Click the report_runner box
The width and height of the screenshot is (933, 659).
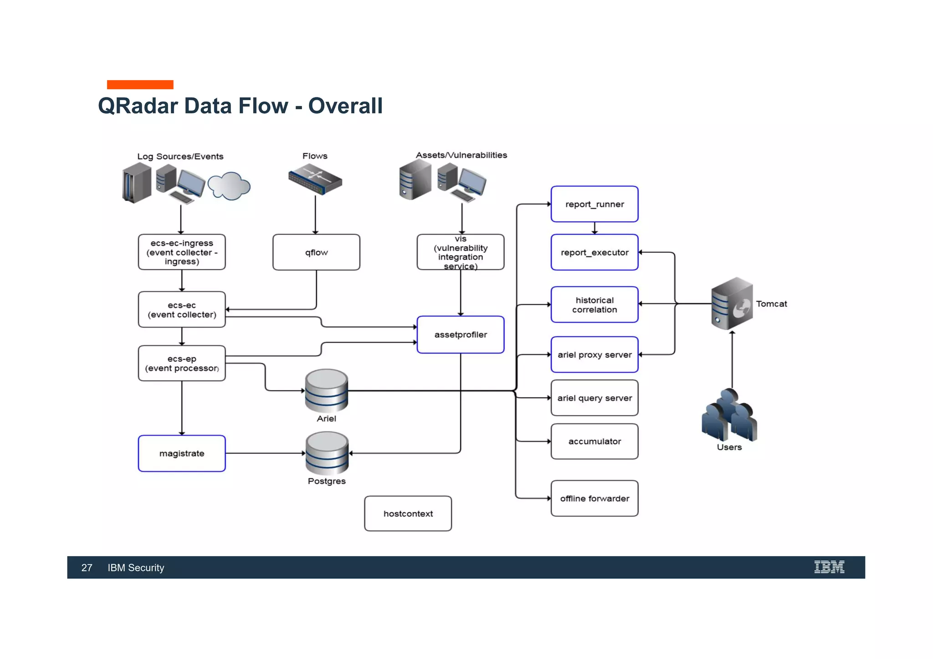pos(594,204)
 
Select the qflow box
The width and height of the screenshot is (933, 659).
pos(316,253)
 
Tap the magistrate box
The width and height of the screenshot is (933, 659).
pos(182,453)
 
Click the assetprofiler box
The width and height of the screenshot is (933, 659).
pos(460,335)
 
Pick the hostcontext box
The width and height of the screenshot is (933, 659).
pos(408,513)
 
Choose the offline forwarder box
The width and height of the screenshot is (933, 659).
pos(594,498)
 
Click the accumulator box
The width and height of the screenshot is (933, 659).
pos(594,441)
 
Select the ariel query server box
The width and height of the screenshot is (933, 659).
pos(594,398)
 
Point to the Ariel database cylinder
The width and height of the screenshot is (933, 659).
pos(327,390)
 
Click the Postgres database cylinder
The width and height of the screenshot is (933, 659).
pos(327,453)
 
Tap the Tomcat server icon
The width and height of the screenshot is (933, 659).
pos(732,304)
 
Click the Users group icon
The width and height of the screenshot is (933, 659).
pos(729,415)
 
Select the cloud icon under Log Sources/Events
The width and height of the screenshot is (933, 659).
pos(229,186)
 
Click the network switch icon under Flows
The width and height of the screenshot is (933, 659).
pos(315,180)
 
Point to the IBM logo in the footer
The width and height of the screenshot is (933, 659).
pos(829,567)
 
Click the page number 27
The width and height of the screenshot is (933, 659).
pos(87,568)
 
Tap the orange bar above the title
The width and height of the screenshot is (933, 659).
pos(140,85)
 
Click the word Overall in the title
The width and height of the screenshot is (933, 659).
pos(345,106)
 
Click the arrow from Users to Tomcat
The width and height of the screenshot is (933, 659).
pos(732,360)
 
